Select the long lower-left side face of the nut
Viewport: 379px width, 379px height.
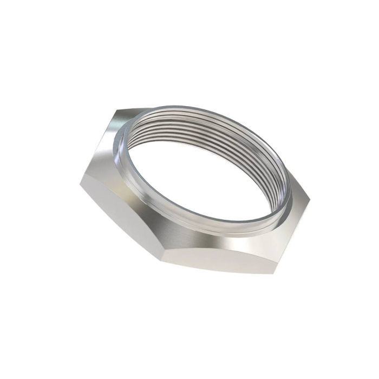pos(119,217)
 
